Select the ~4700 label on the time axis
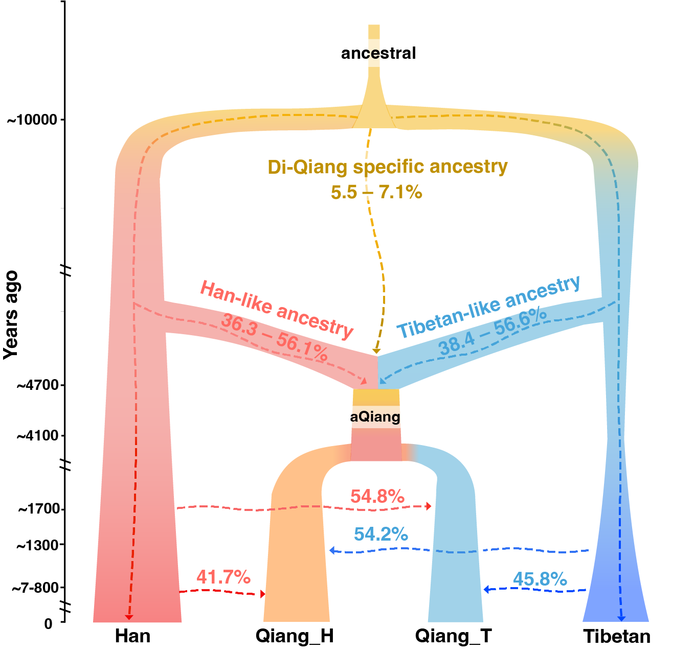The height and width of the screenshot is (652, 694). point(38,385)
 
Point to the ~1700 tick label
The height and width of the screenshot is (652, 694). point(39,509)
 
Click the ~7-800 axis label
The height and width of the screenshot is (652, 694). point(35,588)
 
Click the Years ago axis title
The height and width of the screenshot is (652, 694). point(11,315)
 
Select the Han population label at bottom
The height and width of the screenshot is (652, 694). point(132,636)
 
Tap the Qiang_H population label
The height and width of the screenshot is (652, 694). point(295,636)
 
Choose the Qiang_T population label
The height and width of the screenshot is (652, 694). point(453,636)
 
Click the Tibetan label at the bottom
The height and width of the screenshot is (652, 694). point(617,637)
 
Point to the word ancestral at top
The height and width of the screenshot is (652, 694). point(378,53)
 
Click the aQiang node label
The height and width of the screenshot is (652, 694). point(375,417)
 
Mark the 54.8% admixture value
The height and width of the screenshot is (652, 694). point(377,496)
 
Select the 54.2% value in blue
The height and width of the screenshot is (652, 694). point(381,534)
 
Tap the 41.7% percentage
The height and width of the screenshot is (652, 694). point(223,577)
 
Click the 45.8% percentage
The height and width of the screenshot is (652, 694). point(540,579)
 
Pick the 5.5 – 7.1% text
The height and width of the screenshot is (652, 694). point(376,192)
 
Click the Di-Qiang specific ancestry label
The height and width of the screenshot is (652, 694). point(388,167)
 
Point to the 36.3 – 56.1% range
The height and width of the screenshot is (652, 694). point(275,338)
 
